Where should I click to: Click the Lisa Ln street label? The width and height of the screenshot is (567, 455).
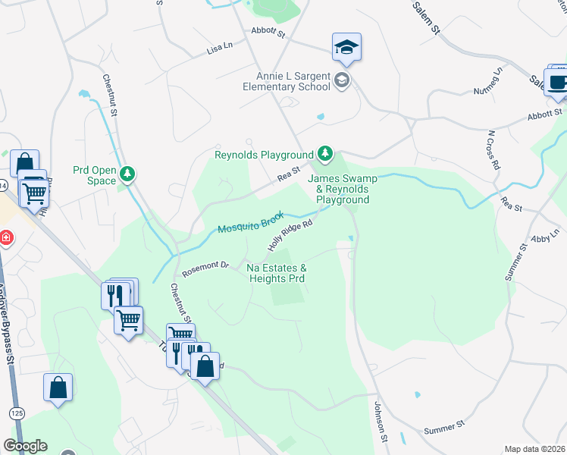pos(219,48)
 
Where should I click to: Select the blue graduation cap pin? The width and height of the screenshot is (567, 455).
pos(346,48)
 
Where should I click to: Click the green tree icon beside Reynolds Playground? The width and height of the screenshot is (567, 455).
pos(325,155)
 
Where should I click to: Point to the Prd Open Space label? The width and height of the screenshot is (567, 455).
pos(95,175)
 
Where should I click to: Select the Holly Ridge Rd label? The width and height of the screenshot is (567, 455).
pos(290,237)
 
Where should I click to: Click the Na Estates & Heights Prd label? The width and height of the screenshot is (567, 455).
pos(277,273)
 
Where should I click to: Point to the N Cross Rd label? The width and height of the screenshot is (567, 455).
pos(493,149)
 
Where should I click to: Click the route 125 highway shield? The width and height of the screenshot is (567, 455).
pos(15,413)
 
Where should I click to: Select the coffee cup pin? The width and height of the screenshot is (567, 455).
pos(559,83)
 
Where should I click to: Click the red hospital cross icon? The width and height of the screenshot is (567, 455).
pos(6,238)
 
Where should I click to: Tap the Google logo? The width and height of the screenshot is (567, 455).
pos(25,446)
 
